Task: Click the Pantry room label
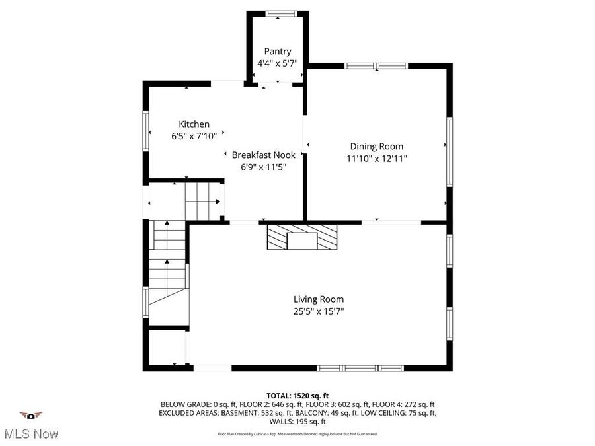click(277, 51)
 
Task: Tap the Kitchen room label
click(194, 124)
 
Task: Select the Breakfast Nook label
click(263, 155)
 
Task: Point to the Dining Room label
click(376, 147)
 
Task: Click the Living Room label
click(319, 299)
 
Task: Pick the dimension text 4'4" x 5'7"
click(277, 63)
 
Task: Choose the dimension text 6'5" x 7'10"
click(194, 136)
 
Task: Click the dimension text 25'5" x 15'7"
click(319, 311)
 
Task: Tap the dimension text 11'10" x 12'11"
click(376, 159)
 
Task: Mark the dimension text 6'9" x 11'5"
click(263, 167)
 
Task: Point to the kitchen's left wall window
click(146, 131)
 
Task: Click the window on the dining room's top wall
click(376, 66)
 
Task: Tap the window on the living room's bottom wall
click(360, 368)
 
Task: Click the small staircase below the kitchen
click(202, 200)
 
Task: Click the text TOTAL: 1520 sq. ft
click(297, 394)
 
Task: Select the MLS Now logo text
click(31, 434)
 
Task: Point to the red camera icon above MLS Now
click(30, 416)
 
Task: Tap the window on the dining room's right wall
click(450, 152)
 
